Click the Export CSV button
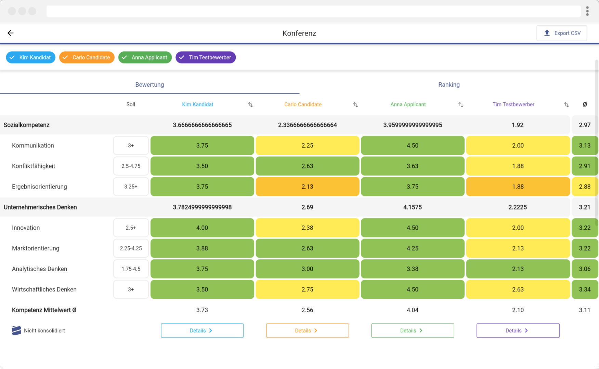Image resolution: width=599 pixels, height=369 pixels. pos(562,33)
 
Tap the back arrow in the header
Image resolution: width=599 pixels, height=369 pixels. pos(11,33)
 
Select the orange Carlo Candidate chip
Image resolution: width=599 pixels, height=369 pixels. pos(87,57)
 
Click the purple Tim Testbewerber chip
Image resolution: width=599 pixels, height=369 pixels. pos(206,57)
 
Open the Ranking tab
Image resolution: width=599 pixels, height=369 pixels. pos(449,85)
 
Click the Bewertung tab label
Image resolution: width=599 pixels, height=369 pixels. pos(149,85)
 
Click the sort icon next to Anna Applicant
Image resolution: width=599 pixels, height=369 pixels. pos(461,105)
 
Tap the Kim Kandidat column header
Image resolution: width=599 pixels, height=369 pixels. pos(197,105)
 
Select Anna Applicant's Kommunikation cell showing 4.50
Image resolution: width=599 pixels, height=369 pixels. pos(413,146)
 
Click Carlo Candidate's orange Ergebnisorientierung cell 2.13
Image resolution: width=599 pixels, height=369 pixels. pos(307,187)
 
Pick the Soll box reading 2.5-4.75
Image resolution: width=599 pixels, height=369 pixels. pos(131,166)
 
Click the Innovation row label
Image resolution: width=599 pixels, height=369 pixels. pos(26,228)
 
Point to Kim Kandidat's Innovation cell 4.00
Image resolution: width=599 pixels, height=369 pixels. pos(202,228)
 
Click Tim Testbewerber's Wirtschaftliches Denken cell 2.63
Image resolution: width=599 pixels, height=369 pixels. pos(518,289)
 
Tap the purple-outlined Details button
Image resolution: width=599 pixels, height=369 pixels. pos(518,330)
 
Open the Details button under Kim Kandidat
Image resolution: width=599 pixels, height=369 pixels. pos(202,330)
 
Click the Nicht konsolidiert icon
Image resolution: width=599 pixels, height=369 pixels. pos(16,330)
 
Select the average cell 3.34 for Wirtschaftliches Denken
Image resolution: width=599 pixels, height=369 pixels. pos(584,289)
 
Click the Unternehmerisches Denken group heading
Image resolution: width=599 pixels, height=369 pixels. pos(40,207)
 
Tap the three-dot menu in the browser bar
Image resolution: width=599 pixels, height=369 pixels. pos(587,11)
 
